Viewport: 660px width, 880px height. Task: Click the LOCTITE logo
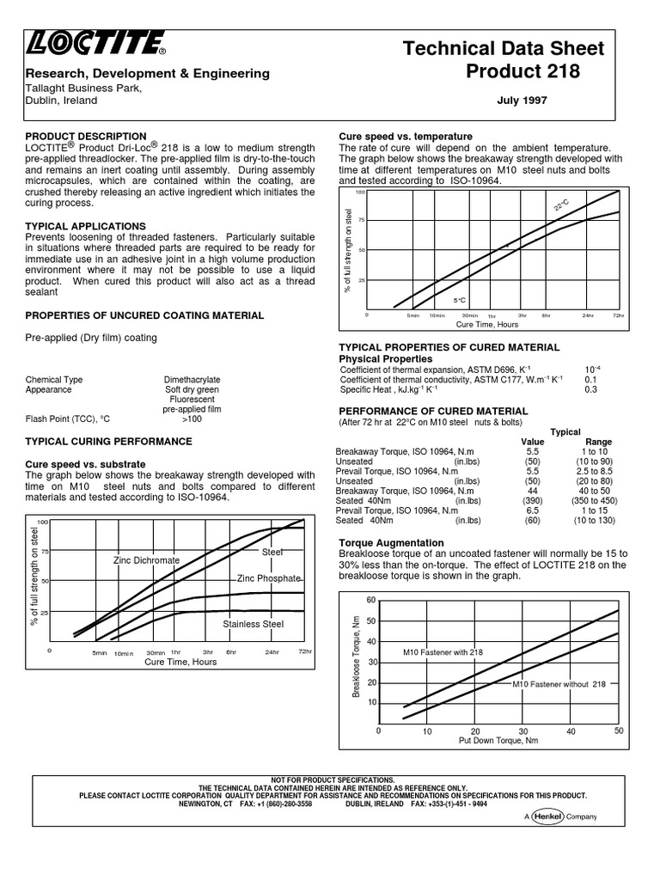pos(95,43)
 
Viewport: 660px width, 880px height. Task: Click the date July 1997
pos(522,101)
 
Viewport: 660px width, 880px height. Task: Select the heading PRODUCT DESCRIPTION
pos(86,137)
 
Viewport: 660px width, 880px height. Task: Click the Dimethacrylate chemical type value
pos(192,379)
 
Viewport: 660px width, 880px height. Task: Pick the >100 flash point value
pos(192,419)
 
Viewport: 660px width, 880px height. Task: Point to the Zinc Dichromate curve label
pos(146,560)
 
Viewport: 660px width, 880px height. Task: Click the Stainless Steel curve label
pos(253,624)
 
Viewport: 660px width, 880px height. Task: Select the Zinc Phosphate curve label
pos(269,579)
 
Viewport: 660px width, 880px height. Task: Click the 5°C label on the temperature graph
pos(460,300)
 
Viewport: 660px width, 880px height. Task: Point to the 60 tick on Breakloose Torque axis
pos(371,600)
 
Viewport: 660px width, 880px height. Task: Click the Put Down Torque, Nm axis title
pos(498,740)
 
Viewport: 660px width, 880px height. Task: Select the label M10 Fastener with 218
pos(443,652)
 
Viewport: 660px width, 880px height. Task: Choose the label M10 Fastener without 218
pos(559,684)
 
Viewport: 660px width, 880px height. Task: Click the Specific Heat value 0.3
pos(590,389)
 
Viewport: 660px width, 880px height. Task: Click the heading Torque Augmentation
pos(391,543)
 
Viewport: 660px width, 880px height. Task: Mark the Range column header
pos(598,442)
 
